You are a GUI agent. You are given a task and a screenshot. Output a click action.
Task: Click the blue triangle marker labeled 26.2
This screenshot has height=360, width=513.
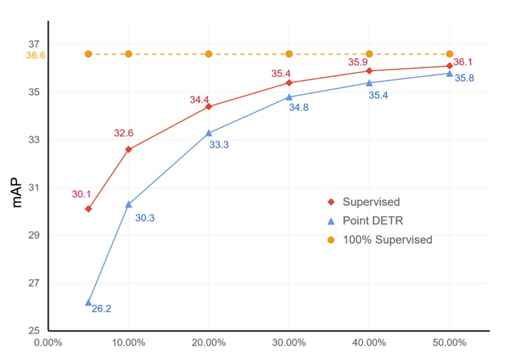[x=88, y=302]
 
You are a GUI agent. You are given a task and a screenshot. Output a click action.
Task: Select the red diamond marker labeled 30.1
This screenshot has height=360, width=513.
[x=89, y=209]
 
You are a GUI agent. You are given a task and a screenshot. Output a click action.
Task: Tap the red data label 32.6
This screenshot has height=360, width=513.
[x=124, y=133]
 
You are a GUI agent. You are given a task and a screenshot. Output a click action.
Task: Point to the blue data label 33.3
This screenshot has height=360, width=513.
[x=219, y=146]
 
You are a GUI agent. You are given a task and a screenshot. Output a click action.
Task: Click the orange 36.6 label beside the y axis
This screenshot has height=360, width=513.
[x=35, y=55]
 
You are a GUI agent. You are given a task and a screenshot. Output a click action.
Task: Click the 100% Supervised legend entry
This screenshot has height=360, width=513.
[x=387, y=240]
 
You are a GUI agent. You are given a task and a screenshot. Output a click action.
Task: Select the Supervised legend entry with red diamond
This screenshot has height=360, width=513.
[x=370, y=202]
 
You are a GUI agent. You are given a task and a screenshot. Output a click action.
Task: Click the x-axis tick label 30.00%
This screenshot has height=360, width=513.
[x=289, y=342]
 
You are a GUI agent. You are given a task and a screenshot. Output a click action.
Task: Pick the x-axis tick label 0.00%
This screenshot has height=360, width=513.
[x=48, y=342]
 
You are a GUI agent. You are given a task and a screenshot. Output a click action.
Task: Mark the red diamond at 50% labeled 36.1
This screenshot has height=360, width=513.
[x=449, y=66]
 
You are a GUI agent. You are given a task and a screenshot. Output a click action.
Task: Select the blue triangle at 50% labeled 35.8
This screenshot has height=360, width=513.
[x=449, y=73]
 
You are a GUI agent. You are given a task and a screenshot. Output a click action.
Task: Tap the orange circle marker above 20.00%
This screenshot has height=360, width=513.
[x=209, y=54]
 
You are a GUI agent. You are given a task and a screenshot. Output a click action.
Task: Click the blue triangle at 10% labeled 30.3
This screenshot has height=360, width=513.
[x=128, y=204]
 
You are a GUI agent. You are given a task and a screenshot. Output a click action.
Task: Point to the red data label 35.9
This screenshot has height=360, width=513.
[x=357, y=63]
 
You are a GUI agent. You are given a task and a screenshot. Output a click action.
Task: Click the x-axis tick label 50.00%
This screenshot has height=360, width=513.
[x=449, y=342]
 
